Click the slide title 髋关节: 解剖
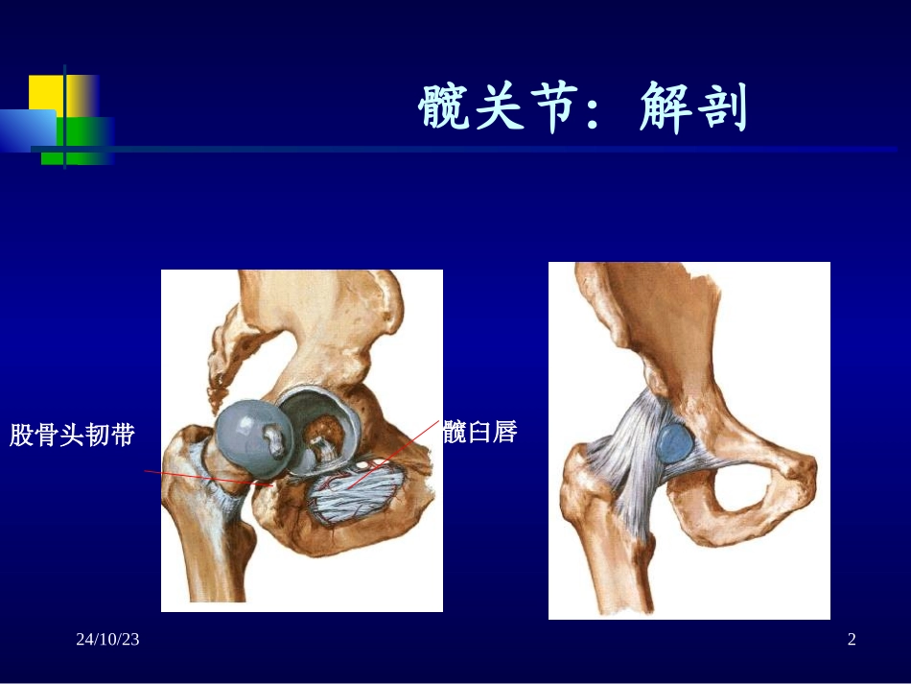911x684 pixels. click(583, 109)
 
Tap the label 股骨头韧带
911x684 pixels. click(72, 436)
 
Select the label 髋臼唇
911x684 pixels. click(479, 433)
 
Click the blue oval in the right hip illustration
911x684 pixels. click(676, 443)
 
